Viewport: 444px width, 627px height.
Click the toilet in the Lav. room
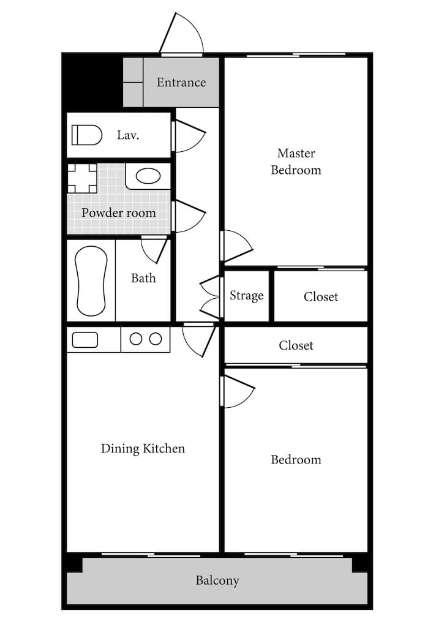(x=87, y=135)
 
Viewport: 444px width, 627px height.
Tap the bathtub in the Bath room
(x=91, y=281)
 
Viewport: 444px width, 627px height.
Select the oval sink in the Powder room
(x=148, y=176)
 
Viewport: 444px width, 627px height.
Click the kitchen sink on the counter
(x=85, y=340)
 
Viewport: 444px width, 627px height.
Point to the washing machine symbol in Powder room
(x=82, y=178)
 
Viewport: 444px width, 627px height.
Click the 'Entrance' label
(x=181, y=83)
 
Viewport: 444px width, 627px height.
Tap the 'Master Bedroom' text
(x=296, y=162)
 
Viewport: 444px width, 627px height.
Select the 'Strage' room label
(x=246, y=296)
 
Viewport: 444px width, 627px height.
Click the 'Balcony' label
(x=217, y=580)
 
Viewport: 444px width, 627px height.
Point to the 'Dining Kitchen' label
(x=143, y=449)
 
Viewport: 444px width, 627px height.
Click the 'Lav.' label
(x=128, y=135)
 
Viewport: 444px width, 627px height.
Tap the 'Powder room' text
(x=119, y=212)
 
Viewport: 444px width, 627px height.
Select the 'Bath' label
(x=143, y=278)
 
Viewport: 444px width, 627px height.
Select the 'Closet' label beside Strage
(x=321, y=297)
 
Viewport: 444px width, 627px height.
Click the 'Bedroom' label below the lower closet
(x=296, y=459)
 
